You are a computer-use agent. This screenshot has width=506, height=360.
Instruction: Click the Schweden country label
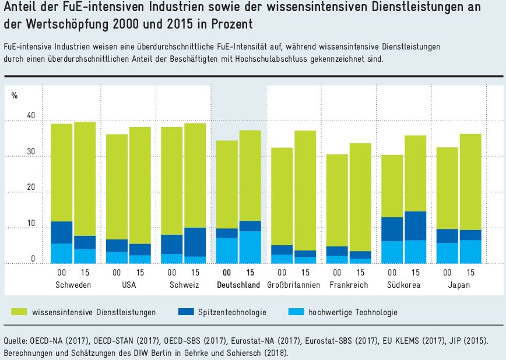[x=72, y=285]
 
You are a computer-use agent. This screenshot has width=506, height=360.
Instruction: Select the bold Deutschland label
[x=238, y=285]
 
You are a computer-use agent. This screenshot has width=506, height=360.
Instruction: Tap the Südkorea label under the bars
[x=404, y=285]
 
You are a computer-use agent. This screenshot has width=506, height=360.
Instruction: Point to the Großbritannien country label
[x=293, y=285]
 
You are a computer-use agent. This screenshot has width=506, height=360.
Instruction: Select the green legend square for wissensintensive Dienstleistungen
[x=20, y=312]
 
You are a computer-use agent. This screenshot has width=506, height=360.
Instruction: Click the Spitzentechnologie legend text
[x=232, y=313]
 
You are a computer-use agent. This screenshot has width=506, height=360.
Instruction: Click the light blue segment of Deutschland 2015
[x=250, y=248]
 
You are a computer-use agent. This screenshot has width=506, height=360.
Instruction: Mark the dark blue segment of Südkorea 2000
[x=392, y=229]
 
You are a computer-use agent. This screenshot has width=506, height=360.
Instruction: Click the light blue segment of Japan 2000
[x=448, y=253]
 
